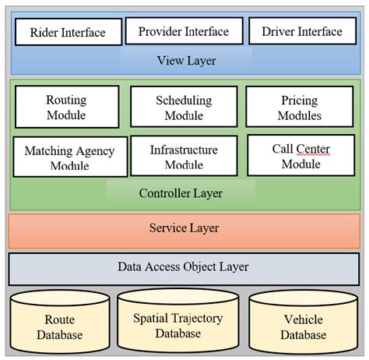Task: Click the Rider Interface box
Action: [69, 33]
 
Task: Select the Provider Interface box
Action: [183, 32]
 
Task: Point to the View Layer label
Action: [186, 61]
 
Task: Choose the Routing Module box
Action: [67, 108]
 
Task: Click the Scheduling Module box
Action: [183, 108]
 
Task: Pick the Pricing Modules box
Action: [300, 108]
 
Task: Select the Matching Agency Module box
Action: [69, 157]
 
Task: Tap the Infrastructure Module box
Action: [183, 157]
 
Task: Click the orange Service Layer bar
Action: [184, 228]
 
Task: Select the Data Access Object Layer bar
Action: [184, 267]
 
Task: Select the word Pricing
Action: [300, 101]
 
